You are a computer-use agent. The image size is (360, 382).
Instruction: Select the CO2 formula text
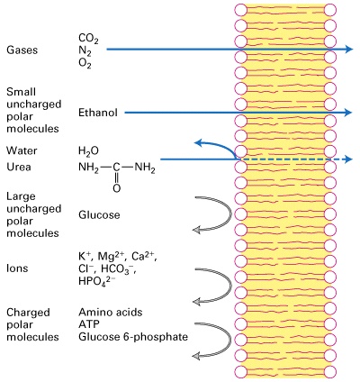89,38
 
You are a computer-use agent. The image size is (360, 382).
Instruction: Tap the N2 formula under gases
86,50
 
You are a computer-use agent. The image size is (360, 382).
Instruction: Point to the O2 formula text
86,64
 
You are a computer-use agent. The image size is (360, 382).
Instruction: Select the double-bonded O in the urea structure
116,189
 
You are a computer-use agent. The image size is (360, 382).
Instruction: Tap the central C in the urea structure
116,168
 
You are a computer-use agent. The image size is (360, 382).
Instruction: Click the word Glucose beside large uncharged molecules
100,215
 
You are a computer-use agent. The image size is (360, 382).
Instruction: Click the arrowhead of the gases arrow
346,50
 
